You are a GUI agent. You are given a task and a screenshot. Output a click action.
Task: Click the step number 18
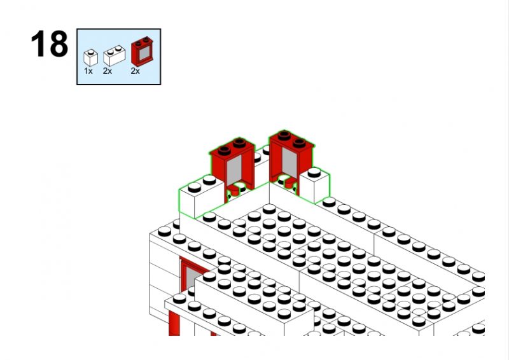pyautogui.click(x=50, y=44)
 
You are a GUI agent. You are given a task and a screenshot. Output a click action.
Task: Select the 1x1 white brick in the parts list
pyautogui.click(x=90, y=58)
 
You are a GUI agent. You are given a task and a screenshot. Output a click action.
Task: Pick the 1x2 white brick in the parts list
pyautogui.click(x=115, y=55)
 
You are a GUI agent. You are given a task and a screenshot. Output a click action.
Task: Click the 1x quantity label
pyautogui.click(x=88, y=71)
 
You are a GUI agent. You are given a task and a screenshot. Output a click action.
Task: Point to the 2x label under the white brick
pyautogui.click(x=108, y=71)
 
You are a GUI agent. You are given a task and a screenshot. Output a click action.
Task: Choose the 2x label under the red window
pyautogui.click(x=136, y=71)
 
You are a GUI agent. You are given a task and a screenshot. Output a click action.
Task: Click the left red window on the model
pyautogui.click(x=232, y=169)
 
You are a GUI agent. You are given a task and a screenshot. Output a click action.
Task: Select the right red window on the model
pyautogui.click(x=291, y=162)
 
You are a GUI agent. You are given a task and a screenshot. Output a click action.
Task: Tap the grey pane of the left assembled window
pyautogui.click(x=234, y=170)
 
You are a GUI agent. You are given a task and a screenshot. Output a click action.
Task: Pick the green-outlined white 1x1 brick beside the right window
pyautogui.click(x=314, y=185)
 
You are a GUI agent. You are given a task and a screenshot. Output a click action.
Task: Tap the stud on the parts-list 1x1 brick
pyautogui.click(x=90, y=52)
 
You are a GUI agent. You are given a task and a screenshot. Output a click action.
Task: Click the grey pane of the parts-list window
pyautogui.click(x=144, y=53)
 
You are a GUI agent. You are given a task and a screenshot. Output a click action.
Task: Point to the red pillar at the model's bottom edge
pyautogui.click(x=174, y=322)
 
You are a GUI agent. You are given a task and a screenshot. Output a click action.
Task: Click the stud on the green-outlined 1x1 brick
pyautogui.click(x=314, y=172)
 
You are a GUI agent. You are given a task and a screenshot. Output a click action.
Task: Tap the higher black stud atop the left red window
pyautogui.click(x=239, y=142)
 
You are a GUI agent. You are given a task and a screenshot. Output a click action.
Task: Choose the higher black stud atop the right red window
pyautogui.click(x=284, y=135)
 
